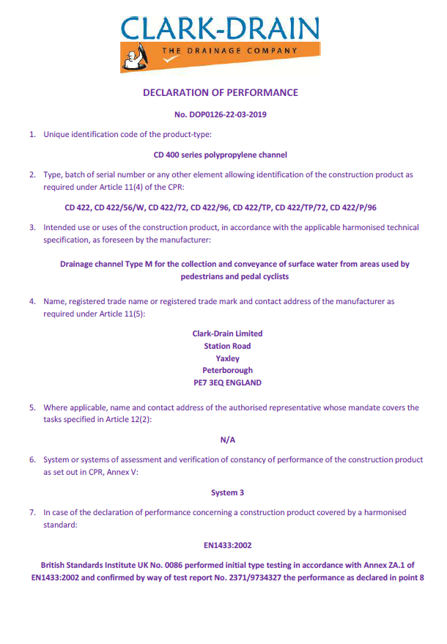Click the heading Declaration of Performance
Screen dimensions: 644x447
coord(220,93)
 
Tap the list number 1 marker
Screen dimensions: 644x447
coord(32,135)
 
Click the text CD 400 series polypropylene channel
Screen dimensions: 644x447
coord(220,155)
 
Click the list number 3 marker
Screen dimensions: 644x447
coord(32,227)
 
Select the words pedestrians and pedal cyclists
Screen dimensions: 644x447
coord(234,276)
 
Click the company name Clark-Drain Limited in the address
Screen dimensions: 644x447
coord(227,333)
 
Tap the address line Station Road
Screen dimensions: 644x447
coord(227,346)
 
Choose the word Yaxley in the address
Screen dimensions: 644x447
coord(227,358)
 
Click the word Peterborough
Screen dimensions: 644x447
coord(227,371)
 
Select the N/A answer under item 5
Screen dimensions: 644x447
coord(227,440)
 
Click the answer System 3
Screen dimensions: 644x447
coord(227,493)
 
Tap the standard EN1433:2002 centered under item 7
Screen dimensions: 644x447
coord(227,545)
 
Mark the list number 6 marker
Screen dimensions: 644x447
coord(32,460)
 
